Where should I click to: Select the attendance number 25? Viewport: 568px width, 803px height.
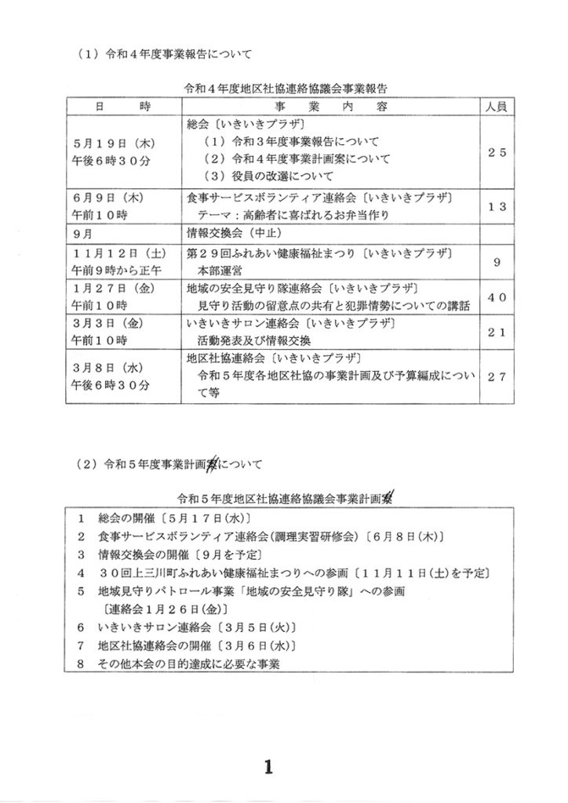[x=497, y=154]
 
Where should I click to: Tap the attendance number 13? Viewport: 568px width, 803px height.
[x=497, y=206]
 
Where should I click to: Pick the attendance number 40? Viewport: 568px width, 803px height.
[x=497, y=296]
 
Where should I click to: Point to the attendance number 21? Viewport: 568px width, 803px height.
[x=497, y=332]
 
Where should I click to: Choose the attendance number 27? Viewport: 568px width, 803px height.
[x=497, y=376]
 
